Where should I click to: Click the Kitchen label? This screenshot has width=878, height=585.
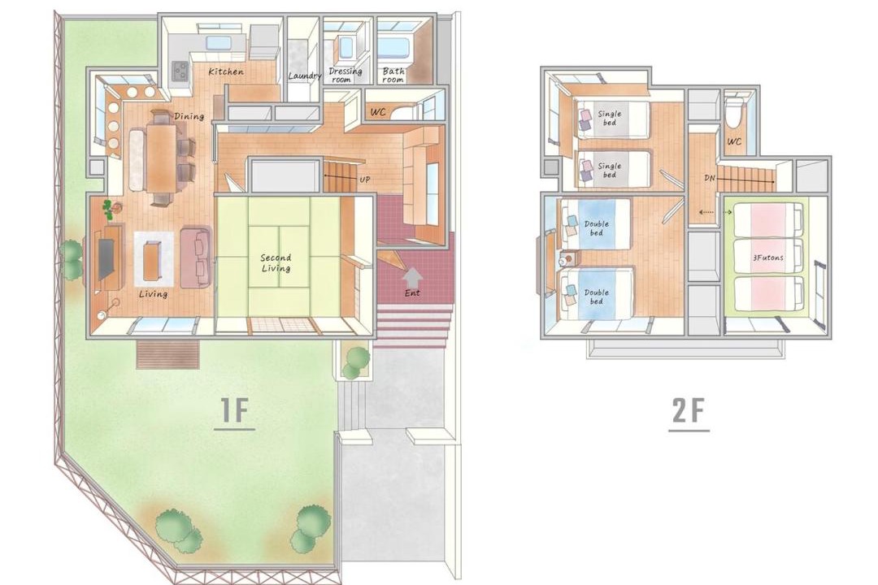pyautogui.click(x=226, y=71)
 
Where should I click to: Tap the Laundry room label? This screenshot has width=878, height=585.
pyautogui.click(x=305, y=76)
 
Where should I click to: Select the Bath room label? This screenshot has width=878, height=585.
pyautogui.click(x=393, y=75)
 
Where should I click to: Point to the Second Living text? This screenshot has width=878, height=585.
pyautogui.click(x=276, y=262)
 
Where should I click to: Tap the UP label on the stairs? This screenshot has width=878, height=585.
pyautogui.click(x=365, y=180)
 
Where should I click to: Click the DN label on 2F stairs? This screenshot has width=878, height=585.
pyautogui.click(x=710, y=178)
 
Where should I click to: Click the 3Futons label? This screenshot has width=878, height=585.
pyautogui.click(x=767, y=258)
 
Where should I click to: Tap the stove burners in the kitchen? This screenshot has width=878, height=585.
pyautogui.click(x=180, y=69)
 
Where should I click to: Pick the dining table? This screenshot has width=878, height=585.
pyautogui.click(x=161, y=158)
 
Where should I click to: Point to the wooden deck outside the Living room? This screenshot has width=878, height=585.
pyautogui.click(x=168, y=353)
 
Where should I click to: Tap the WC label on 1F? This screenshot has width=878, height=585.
pyautogui.click(x=378, y=112)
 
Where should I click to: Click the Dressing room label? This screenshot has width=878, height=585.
pyautogui.click(x=345, y=75)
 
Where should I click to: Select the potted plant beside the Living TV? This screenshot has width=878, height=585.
pyautogui.click(x=108, y=208)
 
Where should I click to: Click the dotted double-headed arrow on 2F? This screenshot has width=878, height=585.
pyautogui.click(x=715, y=213)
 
